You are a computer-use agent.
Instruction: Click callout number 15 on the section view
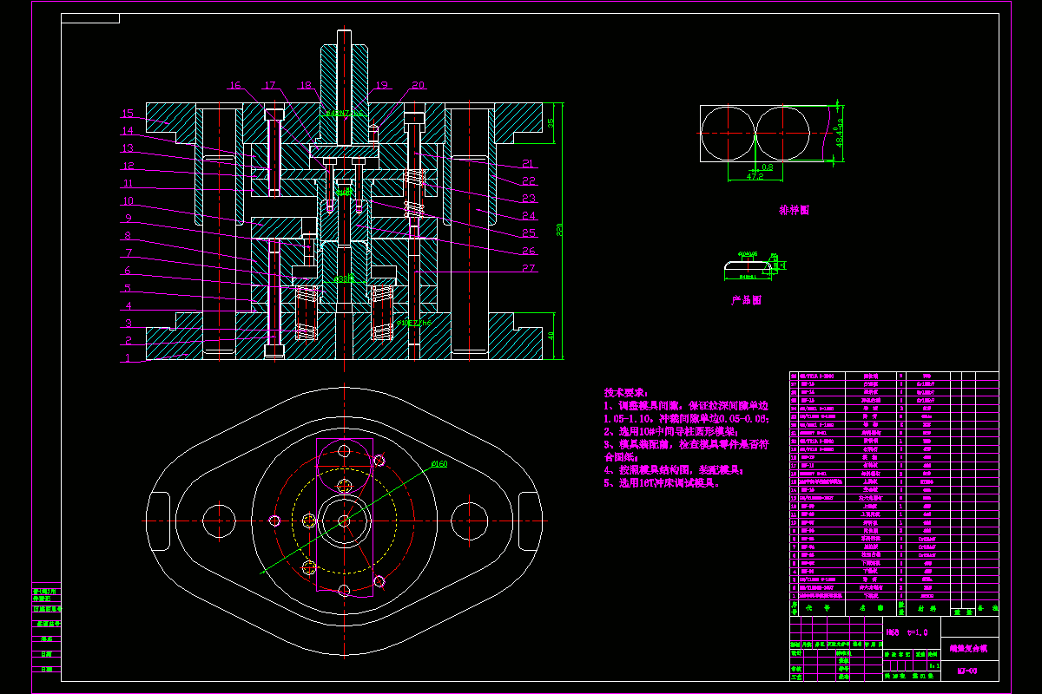coord(128,114)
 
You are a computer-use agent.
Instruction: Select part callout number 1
coord(128,357)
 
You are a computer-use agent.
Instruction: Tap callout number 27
coord(529,268)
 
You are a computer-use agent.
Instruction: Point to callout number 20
coord(418,85)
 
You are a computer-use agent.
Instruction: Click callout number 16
coord(234,85)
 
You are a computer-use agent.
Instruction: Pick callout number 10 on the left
coord(128,201)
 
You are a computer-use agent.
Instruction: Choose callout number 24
coord(529,216)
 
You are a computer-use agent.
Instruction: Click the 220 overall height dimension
coord(560,230)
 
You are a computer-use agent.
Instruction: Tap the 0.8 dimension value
coord(767,167)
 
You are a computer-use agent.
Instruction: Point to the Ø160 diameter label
coord(439,465)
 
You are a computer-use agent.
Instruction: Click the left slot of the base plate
coord(160,520)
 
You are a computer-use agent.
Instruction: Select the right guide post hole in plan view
coord(468,520)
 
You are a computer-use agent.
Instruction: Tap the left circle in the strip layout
coord(728,134)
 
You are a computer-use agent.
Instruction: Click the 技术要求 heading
coord(625,392)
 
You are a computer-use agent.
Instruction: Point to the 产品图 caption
coord(745,300)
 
